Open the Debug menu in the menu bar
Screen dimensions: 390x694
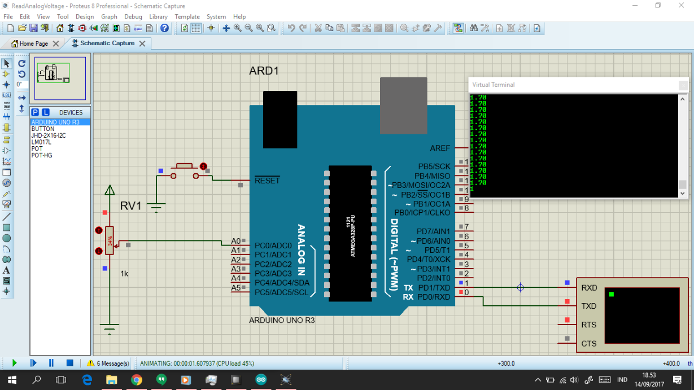133,16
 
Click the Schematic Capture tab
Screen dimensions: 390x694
107,43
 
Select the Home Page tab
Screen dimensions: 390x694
33,43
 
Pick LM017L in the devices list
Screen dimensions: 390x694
41,142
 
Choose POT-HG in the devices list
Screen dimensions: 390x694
41,155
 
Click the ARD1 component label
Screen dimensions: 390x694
264,71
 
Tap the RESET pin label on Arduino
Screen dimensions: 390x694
267,181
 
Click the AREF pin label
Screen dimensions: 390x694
440,148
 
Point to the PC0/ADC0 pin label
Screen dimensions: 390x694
273,246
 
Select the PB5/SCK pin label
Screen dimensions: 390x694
434,166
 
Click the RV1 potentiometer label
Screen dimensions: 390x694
130,206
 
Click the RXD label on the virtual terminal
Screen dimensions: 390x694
589,288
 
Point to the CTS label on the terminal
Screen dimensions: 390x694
589,343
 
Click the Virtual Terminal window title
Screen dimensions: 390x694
494,85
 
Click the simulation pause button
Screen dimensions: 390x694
51,363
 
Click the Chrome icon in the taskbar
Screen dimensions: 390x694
136,380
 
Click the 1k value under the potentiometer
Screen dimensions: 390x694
124,273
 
